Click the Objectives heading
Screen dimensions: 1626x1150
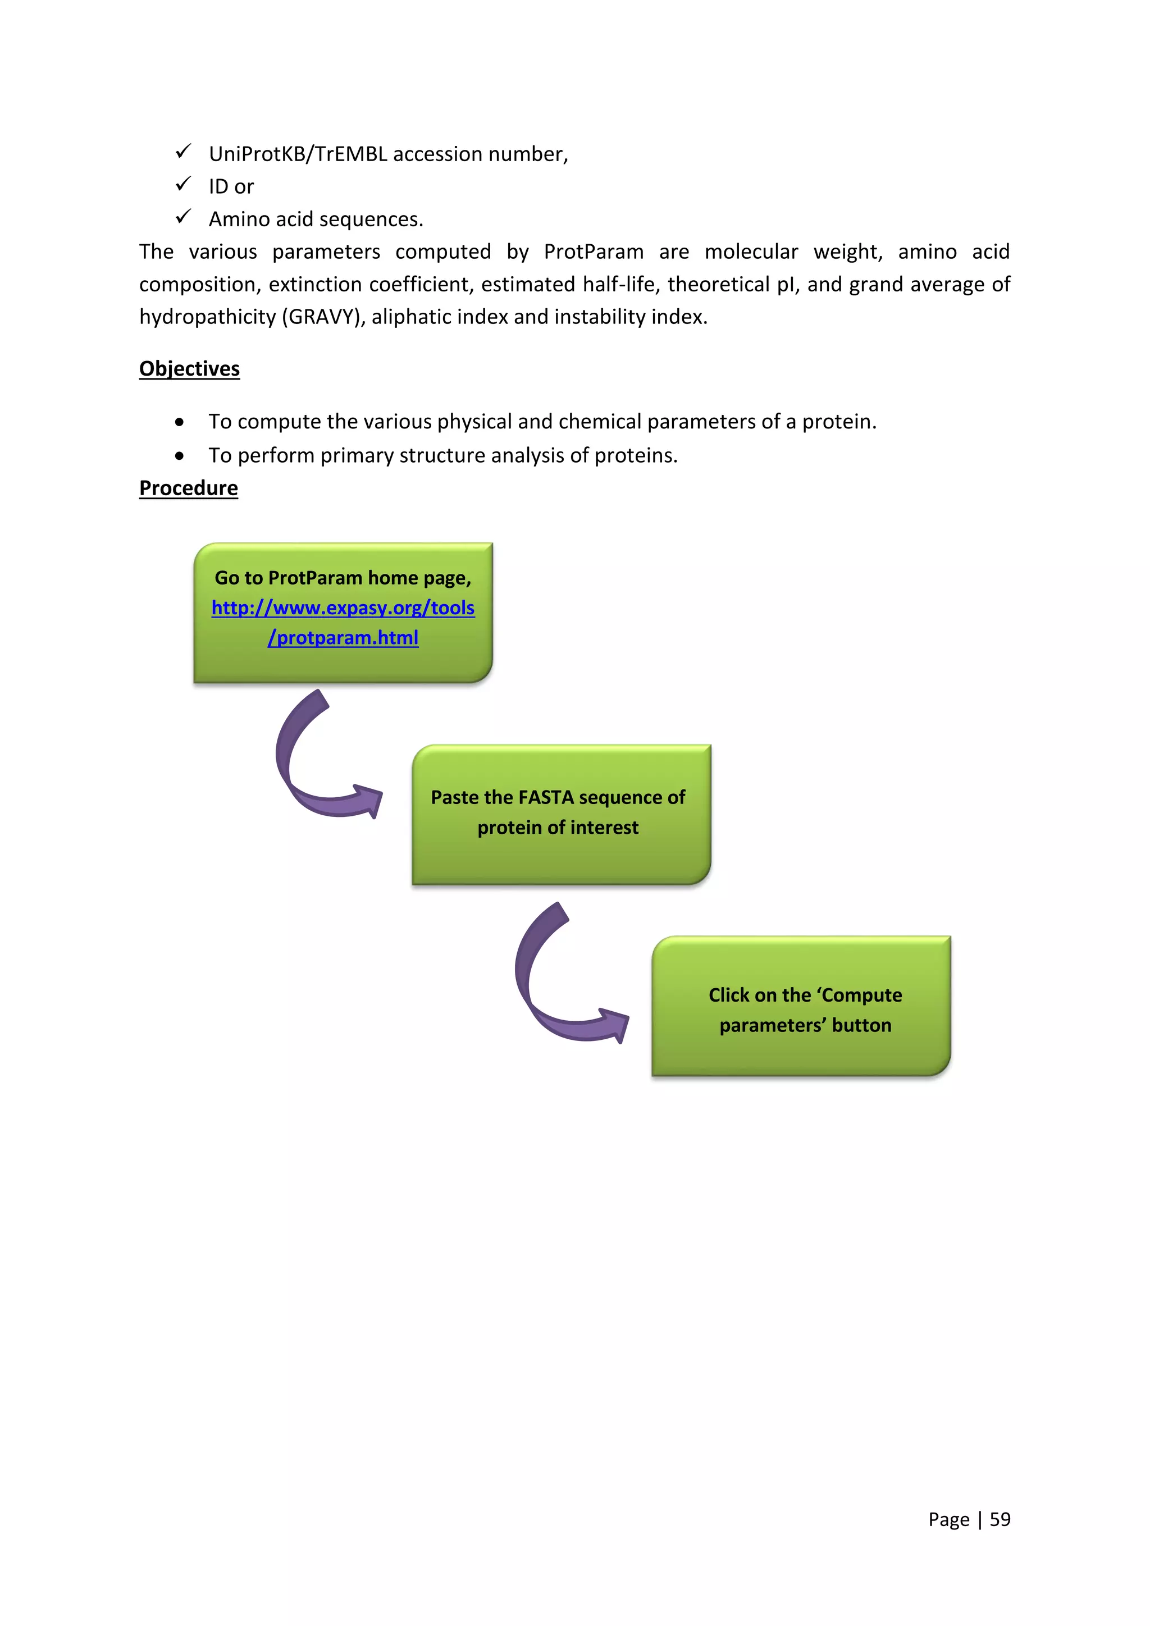[x=189, y=369]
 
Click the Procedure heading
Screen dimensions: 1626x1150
[x=188, y=488]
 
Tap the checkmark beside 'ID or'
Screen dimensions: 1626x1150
[x=184, y=184]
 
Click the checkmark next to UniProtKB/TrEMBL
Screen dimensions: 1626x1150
[x=184, y=152]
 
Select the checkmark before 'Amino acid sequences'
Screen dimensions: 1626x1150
[x=184, y=217]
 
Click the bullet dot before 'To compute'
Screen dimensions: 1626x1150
[x=180, y=423]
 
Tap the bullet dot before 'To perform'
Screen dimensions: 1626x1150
[x=180, y=456]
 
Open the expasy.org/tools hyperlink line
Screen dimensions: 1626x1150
[x=343, y=608]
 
